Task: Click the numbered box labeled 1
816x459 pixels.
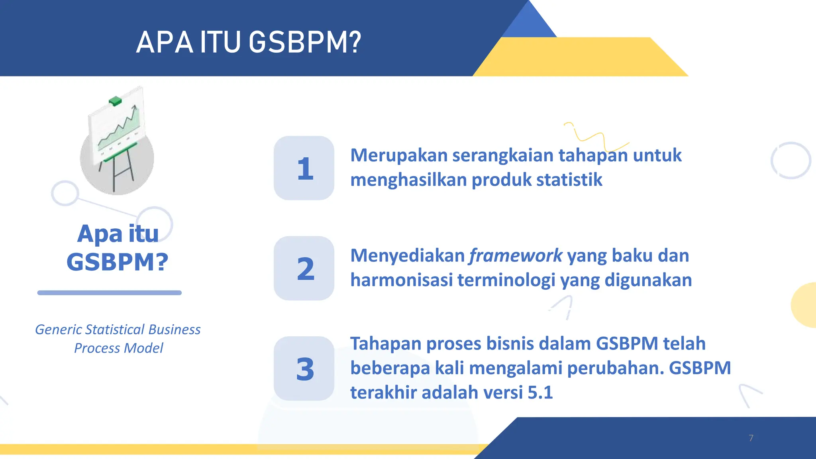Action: [304, 168]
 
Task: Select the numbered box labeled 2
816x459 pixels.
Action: [304, 268]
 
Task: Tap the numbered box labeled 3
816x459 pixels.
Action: [304, 369]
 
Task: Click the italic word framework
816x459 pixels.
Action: [516, 255]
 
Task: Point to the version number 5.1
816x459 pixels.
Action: [540, 392]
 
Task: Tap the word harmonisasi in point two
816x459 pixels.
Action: [402, 280]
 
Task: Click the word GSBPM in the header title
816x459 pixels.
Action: [305, 42]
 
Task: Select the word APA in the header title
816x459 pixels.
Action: [165, 42]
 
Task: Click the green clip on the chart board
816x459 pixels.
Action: [115, 101]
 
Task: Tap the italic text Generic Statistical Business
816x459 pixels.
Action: [118, 330]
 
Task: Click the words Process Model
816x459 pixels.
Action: [119, 348]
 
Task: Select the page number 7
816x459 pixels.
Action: [751, 438]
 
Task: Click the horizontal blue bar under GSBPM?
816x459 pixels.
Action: [110, 293]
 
